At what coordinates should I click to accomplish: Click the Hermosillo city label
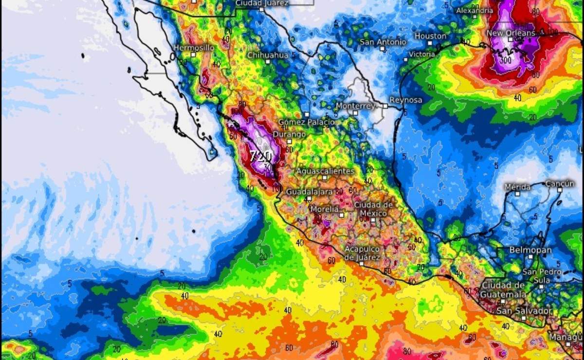tap(194, 48)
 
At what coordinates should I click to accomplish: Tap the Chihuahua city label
tap(267, 55)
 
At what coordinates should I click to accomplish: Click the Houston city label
tap(430, 36)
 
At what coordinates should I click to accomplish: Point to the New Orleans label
tap(511, 33)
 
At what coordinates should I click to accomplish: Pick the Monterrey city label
tap(355, 106)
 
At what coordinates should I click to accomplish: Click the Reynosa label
tap(405, 100)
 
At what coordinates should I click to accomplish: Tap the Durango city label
tap(289, 134)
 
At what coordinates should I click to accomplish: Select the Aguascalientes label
tap(325, 171)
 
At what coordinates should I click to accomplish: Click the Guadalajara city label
tap(309, 192)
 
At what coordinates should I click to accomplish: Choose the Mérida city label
tap(517, 187)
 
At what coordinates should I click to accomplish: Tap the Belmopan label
tap(530, 250)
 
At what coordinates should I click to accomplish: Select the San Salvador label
tap(525, 310)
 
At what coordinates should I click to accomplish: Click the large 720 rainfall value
tap(261, 156)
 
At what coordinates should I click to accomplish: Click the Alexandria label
tap(474, 10)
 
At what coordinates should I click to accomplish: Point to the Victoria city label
tap(421, 54)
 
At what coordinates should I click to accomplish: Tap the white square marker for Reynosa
tap(385, 106)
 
